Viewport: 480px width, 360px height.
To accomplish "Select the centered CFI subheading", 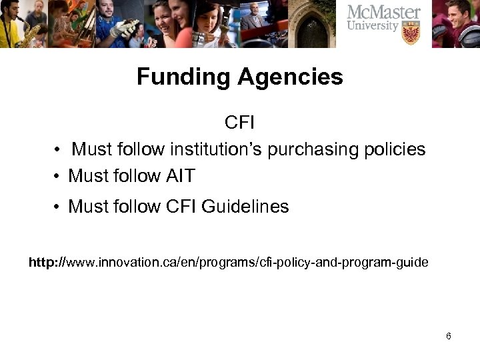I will (240, 123).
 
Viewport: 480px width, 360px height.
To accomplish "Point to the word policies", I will (397, 149).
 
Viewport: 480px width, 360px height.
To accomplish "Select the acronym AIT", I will (178, 176).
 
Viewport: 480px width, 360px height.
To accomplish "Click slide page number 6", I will (449, 336).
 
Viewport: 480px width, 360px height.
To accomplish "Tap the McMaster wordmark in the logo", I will (383, 13).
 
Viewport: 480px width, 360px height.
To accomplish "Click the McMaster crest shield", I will (411, 33).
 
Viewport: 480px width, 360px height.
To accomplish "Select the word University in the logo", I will (374, 27).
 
